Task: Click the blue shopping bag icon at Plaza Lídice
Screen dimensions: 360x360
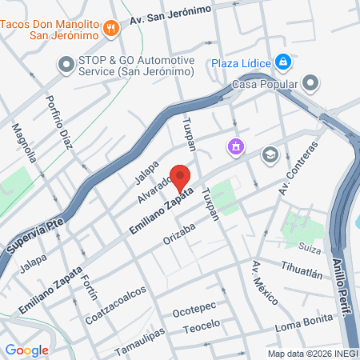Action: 282,62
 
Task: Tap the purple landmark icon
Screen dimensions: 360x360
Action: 235,146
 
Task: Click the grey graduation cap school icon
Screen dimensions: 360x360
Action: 270,154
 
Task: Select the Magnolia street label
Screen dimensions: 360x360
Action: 24,142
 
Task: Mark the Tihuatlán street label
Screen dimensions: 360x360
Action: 302,270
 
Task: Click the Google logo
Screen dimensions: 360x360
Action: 27,350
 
